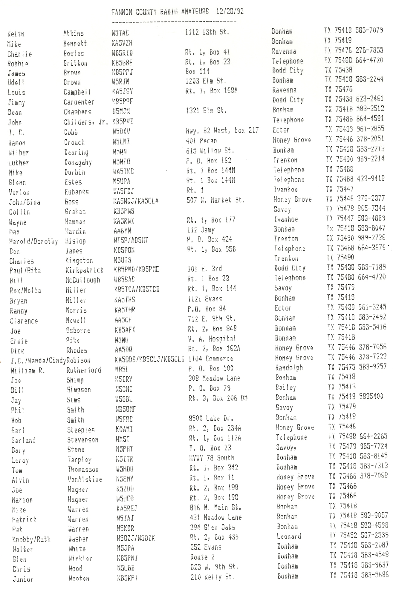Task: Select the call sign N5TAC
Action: [x=120, y=33]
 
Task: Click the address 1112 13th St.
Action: [x=207, y=32]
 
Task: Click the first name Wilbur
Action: [x=19, y=153]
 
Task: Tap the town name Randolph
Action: [x=289, y=368]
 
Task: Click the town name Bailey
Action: [x=286, y=387]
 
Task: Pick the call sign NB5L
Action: [x=122, y=370]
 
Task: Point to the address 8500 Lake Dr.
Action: [x=211, y=418]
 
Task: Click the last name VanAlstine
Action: [x=85, y=479]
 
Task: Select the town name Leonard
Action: [x=289, y=536]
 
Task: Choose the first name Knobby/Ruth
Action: [x=31, y=539]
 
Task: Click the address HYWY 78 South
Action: [x=212, y=458]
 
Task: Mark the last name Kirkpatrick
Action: [x=84, y=270]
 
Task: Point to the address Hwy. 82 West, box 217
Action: [x=222, y=130]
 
